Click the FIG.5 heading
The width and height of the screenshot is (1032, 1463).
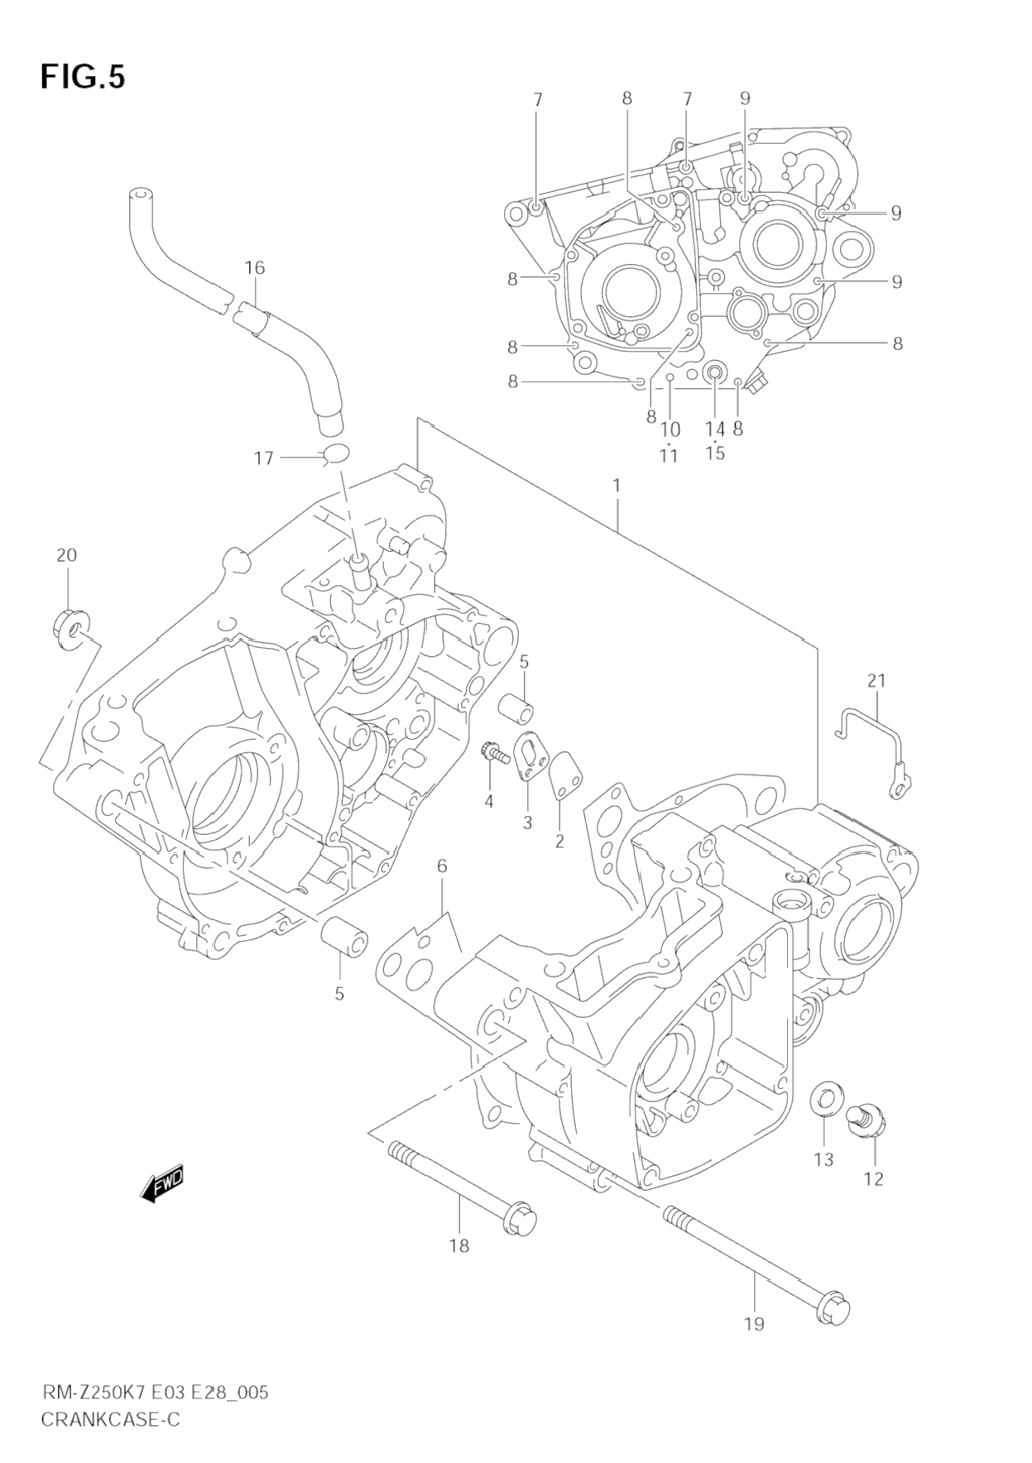[x=83, y=77]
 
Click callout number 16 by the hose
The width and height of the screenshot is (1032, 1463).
[x=255, y=267]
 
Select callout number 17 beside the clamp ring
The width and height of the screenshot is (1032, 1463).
[x=263, y=458]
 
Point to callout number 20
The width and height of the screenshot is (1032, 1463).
[x=66, y=554]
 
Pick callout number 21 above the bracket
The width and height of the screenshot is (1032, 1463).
[x=876, y=680]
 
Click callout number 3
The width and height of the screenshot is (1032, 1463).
[x=527, y=823]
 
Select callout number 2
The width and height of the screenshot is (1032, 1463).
[x=559, y=842]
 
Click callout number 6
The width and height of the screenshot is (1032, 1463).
[x=442, y=866]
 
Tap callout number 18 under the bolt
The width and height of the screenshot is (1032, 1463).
[x=458, y=1245]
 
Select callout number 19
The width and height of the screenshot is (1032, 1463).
[x=753, y=1324]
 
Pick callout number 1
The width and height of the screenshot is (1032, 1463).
[x=617, y=485]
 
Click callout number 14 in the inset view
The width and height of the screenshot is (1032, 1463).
[x=715, y=429]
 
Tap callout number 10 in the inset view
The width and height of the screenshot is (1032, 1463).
[x=670, y=429]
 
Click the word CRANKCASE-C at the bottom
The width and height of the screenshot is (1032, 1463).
[x=110, y=1420]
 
